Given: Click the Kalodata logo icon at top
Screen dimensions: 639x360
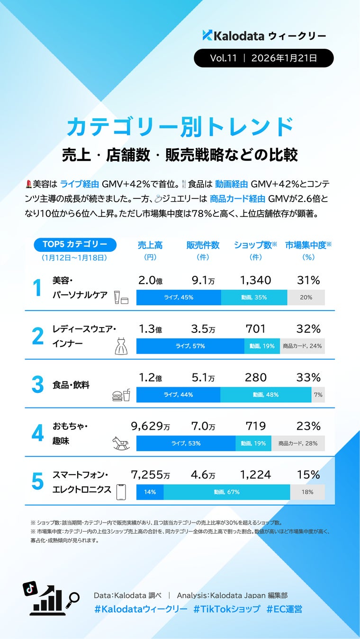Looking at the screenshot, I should (207, 35).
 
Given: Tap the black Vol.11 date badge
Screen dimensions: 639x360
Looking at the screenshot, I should (263, 58).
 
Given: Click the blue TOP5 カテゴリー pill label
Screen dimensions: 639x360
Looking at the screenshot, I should (75, 244).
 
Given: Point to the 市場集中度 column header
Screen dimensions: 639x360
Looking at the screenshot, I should (308, 245).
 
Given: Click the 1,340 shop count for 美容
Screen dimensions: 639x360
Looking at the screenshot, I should (255, 280).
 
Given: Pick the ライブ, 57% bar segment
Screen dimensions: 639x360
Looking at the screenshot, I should (190, 346).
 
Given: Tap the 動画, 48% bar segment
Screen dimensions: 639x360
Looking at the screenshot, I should (265, 395).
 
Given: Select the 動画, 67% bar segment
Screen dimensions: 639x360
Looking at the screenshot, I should (226, 492).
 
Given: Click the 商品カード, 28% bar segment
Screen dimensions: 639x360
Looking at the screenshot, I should (298, 444).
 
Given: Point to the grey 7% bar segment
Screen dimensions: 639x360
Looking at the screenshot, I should (318, 395).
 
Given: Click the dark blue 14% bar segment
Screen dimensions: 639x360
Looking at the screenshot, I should (150, 492).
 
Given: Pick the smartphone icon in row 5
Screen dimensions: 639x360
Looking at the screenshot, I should (121, 492).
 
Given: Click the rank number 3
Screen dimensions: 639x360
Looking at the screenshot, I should (37, 385).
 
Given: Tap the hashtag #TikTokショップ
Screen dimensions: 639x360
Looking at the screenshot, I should (226, 609).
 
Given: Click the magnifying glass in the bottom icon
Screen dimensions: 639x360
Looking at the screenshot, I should (73, 598).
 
